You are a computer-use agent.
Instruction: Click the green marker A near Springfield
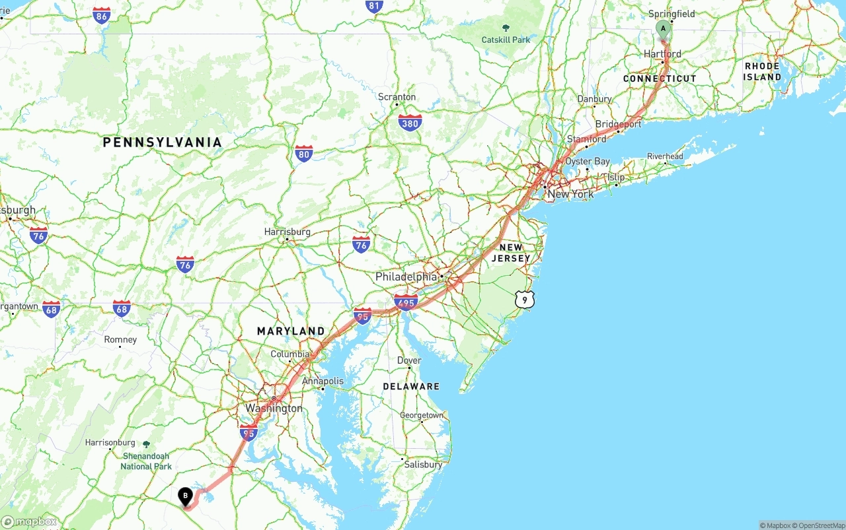(x=663, y=29)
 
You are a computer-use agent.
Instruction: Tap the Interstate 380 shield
(x=410, y=122)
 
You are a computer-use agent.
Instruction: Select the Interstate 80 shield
(x=304, y=154)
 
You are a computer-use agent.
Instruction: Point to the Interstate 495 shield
(x=405, y=303)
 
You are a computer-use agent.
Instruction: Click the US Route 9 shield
(x=524, y=300)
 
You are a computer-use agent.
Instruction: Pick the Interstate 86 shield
(x=102, y=16)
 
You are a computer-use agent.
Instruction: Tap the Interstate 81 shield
(x=374, y=7)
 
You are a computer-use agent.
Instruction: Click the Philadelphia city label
(x=406, y=277)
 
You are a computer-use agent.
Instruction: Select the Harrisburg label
(x=287, y=232)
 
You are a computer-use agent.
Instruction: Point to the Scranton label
(x=397, y=97)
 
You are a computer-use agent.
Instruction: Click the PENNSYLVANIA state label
(x=162, y=142)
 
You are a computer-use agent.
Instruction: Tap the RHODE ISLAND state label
(x=762, y=71)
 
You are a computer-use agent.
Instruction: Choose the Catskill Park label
(x=506, y=40)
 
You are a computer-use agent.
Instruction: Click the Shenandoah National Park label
(x=146, y=461)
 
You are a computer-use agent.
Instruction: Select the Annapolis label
(x=323, y=381)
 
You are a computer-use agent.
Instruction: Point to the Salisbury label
(x=423, y=465)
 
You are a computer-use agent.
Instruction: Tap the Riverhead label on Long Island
(x=665, y=156)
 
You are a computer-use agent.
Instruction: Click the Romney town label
(x=120, y=339)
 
